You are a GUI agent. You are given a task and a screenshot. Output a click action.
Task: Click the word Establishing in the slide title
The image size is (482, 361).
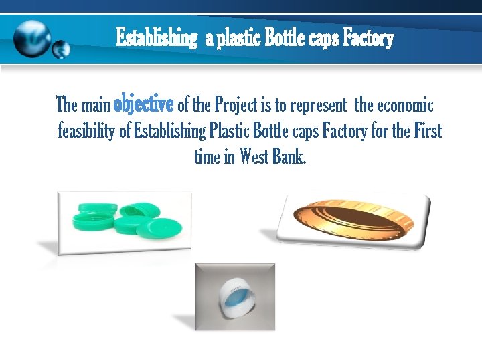157,38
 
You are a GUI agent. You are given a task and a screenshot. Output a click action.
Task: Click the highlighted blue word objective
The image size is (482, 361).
144,105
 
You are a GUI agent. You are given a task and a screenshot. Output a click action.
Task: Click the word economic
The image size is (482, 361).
406,106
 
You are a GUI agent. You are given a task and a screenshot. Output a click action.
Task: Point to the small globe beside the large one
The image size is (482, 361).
61,49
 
